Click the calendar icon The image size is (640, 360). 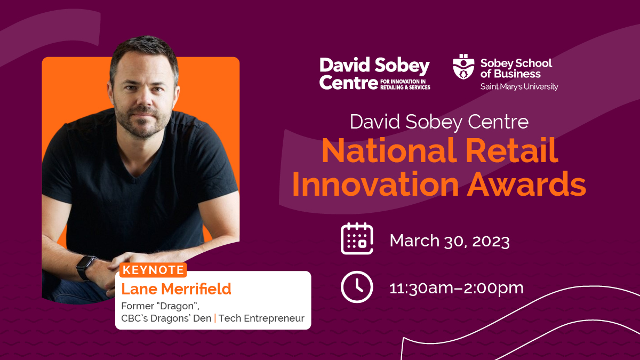coord(357,238)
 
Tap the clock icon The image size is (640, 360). coord(357,287)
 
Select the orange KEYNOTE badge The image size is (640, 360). coord(153,270)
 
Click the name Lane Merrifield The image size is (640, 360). coord(177,289)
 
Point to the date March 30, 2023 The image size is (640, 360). coord(450,241)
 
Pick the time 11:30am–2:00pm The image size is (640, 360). coord(457,288)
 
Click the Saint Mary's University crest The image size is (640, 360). coord(463,67)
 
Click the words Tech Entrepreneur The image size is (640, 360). coord(261,318)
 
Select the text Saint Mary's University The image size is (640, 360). coord(519,86)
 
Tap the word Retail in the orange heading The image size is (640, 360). coord(511,150)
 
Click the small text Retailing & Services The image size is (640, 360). coord(405,87)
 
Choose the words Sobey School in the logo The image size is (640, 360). coord(516,63)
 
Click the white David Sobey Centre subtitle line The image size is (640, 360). coord(439,122)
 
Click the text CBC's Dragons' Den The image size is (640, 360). coord(166,318)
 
